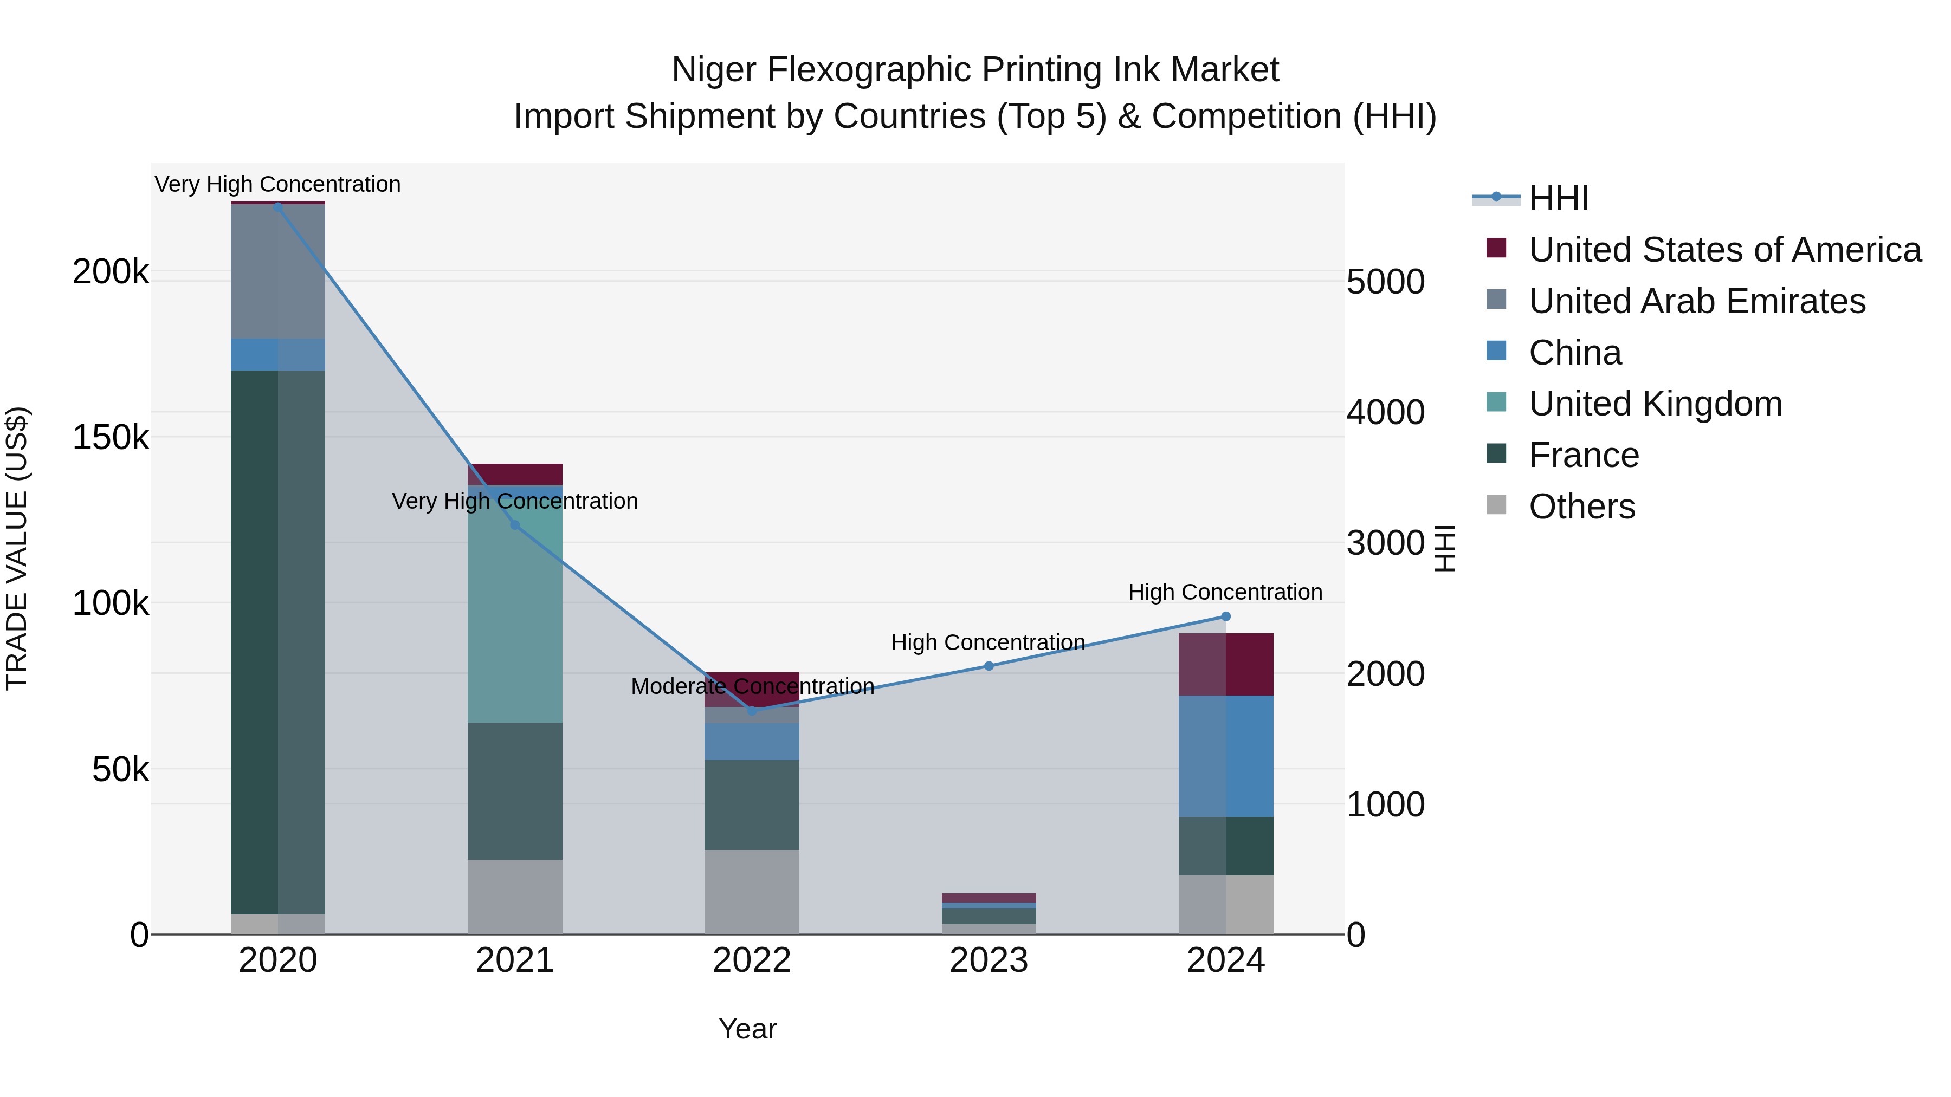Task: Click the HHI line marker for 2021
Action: pos(515,524)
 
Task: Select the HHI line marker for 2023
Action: pos(989,666)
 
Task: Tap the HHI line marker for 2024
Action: pos(1226,616)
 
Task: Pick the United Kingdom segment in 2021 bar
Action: pos(515,606)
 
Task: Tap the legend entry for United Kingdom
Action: pos(1655,404)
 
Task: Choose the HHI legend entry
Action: pos(1558,198)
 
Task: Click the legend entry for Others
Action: pos(1581,507)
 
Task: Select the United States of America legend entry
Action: pos(1724,250)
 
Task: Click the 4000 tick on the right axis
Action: pos(1385,413)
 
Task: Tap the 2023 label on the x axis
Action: pos(989,960)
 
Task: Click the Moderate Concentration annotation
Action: pos(752,686)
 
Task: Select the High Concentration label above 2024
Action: pos(1225,592)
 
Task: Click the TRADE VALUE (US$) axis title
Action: pos(17,548)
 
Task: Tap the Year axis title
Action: pos(747,1029)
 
